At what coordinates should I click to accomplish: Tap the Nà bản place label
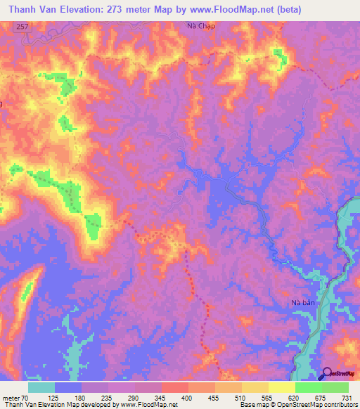(x=304, y=303)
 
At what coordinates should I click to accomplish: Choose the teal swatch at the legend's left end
(x=41, y=387)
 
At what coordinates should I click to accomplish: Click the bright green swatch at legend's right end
(x=335, y=387)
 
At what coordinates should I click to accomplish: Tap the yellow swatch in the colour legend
(x=281, y=387)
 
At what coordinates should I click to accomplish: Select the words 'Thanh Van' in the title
(x=29, y=9)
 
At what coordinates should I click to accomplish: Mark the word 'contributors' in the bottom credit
(x=337, y=404)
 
